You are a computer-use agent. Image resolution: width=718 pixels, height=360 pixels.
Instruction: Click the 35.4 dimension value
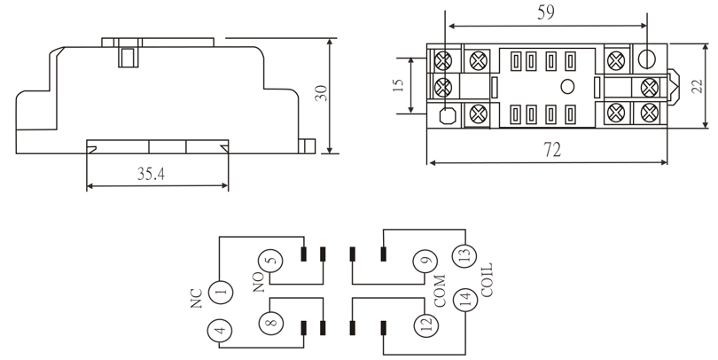(x=151, y=174)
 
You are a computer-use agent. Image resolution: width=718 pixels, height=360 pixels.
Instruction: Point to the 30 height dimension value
(x=322, y=93)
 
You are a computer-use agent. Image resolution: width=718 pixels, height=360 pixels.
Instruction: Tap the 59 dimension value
(x=545, y=12)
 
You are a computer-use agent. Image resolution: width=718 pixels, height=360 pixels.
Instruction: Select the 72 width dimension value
(x=552, y=150)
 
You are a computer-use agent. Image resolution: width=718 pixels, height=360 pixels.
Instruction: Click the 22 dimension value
(x=697, y=86)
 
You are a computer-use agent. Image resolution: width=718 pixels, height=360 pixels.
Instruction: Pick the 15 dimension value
(x=398, y=85)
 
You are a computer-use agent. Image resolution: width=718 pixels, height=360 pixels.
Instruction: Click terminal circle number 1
(x=221, y=292)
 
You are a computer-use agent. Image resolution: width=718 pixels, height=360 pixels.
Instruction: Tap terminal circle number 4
(x=219, y=330)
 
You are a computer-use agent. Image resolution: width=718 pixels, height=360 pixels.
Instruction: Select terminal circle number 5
(x=270, y=262)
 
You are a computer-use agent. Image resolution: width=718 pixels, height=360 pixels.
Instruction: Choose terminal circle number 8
(x=271, y=323)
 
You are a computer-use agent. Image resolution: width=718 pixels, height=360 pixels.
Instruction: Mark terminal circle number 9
(x=425, y=262)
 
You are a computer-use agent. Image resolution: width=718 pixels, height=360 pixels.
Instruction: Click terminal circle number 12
(x=425, y=325)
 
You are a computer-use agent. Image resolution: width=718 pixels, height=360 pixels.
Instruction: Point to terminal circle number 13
(x=464, y=255)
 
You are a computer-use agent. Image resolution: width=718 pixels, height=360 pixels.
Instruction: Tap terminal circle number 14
(x=465, y=301)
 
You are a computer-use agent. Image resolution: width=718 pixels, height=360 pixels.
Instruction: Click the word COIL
(x=487, y=280)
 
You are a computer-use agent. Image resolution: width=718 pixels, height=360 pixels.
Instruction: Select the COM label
(x=440, y=291)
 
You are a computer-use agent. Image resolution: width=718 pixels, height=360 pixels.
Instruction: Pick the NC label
(x=197, y=298)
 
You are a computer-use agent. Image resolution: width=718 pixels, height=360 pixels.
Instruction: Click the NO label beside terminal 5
(x=259, y=282)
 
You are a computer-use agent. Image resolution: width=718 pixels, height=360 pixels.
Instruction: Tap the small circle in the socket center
(x=567, y=86)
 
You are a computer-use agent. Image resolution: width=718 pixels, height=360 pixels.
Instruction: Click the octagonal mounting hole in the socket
(x=448, y=116)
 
